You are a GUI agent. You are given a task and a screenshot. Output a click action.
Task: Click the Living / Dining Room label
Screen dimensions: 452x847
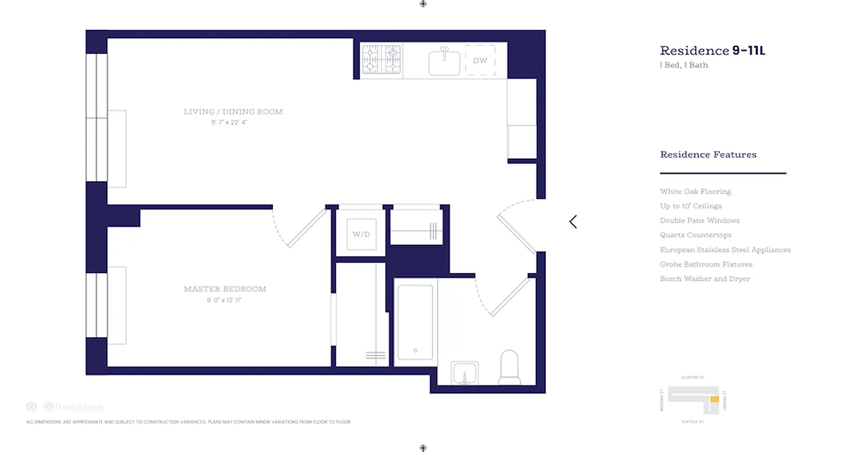pos(233,112)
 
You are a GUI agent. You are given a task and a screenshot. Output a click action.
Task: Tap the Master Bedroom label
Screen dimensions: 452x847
pos(225,289)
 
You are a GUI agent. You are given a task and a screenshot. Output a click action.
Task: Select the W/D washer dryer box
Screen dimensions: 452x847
pos(361,234)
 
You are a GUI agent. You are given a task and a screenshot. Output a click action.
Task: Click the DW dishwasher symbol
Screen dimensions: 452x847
pos(480,60)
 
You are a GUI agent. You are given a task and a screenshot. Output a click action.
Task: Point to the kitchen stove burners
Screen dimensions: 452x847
pos(381,59)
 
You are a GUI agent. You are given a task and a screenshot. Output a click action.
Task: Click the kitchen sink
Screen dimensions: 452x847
pos(444,62)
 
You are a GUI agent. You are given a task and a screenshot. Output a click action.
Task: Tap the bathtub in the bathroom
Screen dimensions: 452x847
pos(415,322)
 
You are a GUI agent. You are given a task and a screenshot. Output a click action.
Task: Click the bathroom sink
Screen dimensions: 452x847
pos(465,373)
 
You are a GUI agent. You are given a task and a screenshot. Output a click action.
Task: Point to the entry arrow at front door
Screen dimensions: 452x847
pos(573,221)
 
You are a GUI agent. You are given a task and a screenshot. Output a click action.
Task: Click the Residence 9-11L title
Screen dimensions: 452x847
pos(713,51)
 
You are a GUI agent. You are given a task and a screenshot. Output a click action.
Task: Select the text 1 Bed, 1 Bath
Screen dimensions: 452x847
pos(684,65)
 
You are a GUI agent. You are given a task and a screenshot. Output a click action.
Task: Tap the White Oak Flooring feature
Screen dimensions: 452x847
pos(695,192)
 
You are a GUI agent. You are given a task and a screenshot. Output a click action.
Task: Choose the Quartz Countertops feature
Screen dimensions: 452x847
pos(696,235)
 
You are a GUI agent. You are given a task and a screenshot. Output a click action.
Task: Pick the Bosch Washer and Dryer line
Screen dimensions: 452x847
pos(705,279)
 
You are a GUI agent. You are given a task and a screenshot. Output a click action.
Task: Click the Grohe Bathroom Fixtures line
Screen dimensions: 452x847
pos(706,264)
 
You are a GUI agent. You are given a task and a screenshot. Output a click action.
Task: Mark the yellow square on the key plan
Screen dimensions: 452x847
pos(714,399)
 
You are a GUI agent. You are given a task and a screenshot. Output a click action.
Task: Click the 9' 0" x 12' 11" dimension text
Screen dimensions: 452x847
pos(225,301)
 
